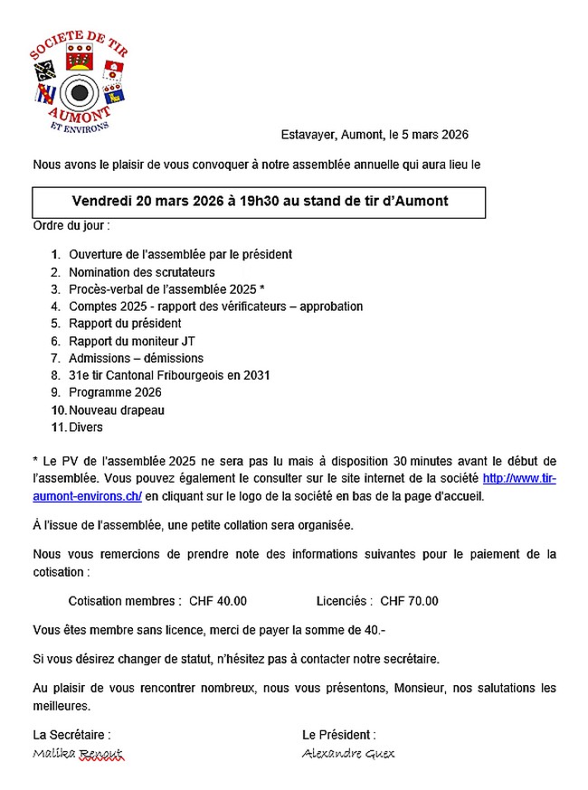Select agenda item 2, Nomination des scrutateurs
[x=141, y=272]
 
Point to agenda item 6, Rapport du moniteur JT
[x=131, y=341]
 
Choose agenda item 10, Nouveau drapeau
[x=117, y=410]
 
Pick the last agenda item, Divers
[x=86, y=428]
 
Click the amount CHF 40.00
[x=218, y=601]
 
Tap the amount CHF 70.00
[x=409, y=601]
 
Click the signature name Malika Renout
[x=77, y=754]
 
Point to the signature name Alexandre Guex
[x=348, y=754]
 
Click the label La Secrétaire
[x=71, y=735]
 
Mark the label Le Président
[x=339, y=735]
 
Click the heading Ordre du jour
[x=71, y=224]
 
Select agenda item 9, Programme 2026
[x=115, y=392]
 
